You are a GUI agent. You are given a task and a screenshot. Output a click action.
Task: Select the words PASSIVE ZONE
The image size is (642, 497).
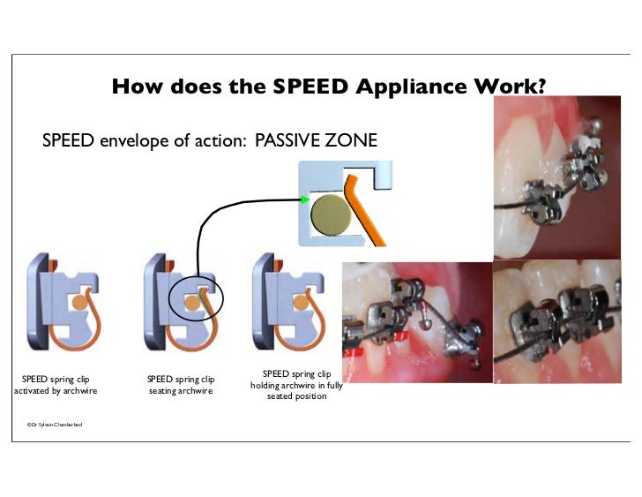pos(316,139)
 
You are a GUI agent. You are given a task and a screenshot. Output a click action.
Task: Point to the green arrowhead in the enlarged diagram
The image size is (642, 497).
pos(305,200)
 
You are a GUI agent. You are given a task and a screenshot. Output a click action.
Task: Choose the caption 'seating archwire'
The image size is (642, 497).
pos(181,391)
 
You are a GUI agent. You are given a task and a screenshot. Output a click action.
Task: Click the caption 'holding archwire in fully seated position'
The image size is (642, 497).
pos(296,386)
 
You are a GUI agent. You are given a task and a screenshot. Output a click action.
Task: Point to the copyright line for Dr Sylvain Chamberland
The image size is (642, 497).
pos(55,425)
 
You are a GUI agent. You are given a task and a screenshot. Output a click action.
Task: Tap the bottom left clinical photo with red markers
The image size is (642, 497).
pos(416,332)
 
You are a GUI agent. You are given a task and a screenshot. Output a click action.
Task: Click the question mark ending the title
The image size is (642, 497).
pos(552,87)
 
